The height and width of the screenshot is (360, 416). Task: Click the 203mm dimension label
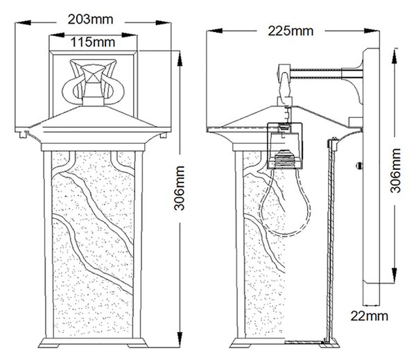(x=90, y=19)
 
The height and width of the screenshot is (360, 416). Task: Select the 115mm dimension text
(x=93, y=42)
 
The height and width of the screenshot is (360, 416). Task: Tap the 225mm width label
(x=291, y=31)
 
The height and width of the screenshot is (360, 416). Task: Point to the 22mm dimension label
(x=369, y=316)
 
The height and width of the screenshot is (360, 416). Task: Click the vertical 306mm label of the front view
(x=180, y=188)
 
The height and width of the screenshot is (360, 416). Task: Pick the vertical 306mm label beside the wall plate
(x=395, y=171)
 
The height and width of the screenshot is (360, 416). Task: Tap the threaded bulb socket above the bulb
(x=285, y=160)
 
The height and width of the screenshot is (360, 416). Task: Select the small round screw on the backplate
(x=359, y=166)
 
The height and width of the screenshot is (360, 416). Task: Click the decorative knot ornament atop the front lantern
(x=93, y=81)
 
